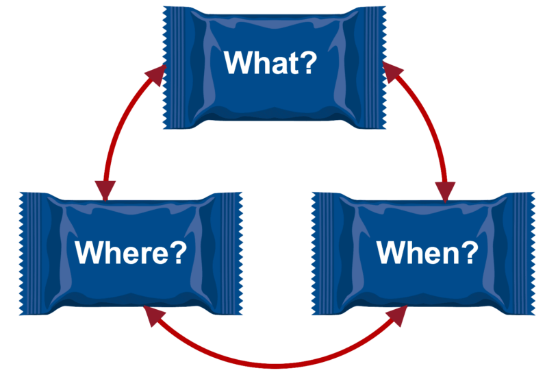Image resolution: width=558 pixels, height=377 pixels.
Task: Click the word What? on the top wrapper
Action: point(270,63)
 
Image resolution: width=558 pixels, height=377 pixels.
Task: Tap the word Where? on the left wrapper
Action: point(131,253)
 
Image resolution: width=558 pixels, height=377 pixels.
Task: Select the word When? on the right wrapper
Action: point(427,253)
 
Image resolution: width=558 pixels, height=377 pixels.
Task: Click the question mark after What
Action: point(307,63)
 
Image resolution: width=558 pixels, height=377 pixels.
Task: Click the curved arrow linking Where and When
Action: point(274,361)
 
